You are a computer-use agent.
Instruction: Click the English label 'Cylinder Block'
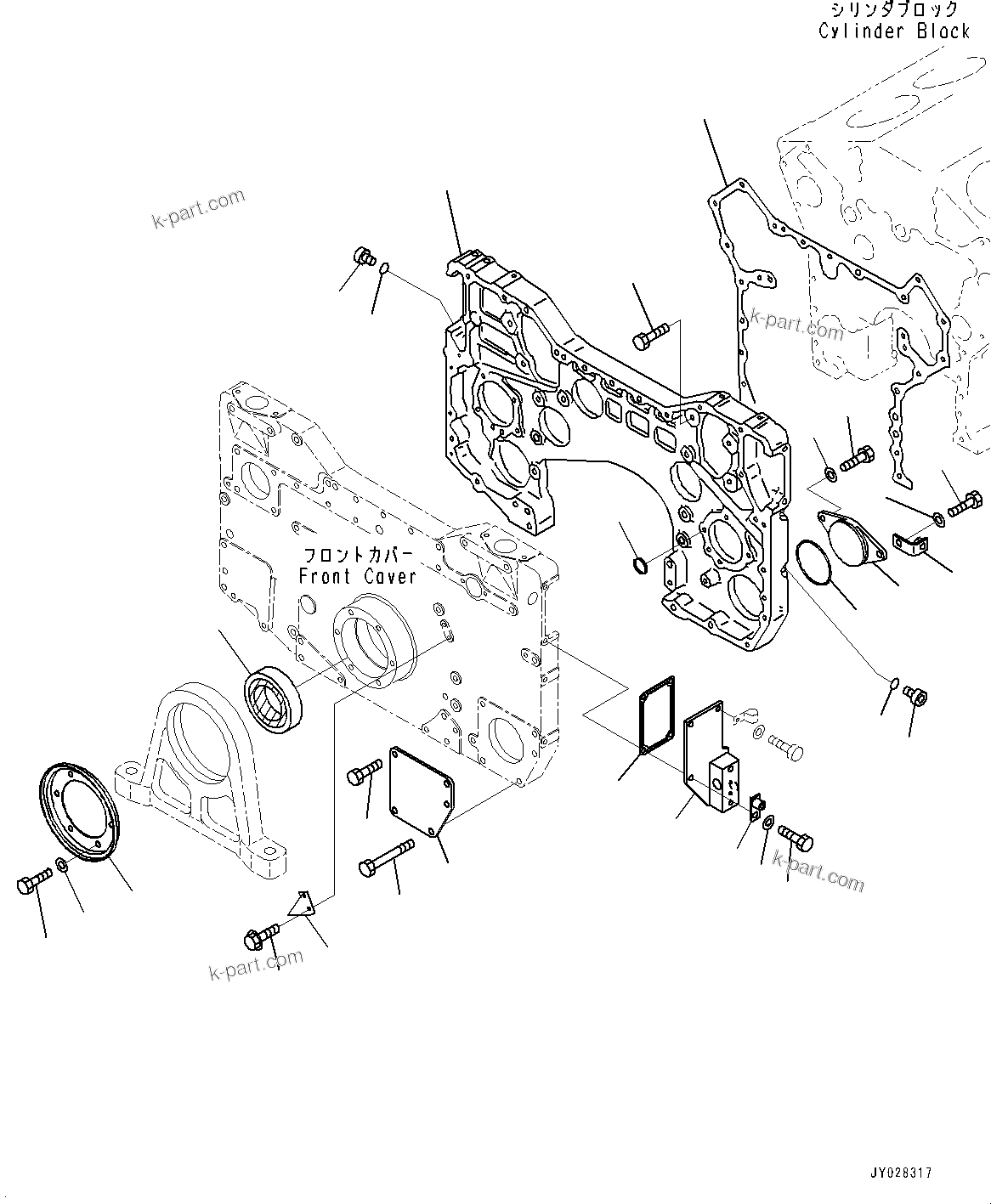[894, 31]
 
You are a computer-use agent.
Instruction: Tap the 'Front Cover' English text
[358, 576]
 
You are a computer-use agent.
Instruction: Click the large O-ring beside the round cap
[816, 563]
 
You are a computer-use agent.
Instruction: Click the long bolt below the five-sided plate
[387, 854]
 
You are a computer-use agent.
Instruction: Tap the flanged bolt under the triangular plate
[260, 937]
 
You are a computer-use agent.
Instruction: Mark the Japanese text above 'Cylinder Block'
[895, 10]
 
